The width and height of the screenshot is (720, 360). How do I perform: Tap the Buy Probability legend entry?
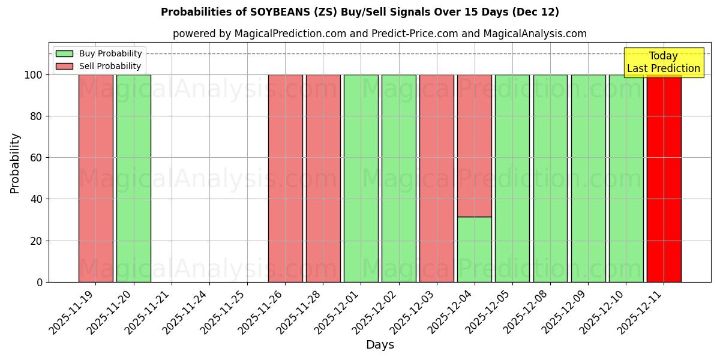click(x=110, y=53)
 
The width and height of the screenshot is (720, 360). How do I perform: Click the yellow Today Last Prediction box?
click(x=663, y=62)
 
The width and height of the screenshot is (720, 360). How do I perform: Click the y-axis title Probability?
click(x=15, y=163)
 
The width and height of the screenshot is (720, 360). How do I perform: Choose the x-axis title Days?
click(x=380, y=345)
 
